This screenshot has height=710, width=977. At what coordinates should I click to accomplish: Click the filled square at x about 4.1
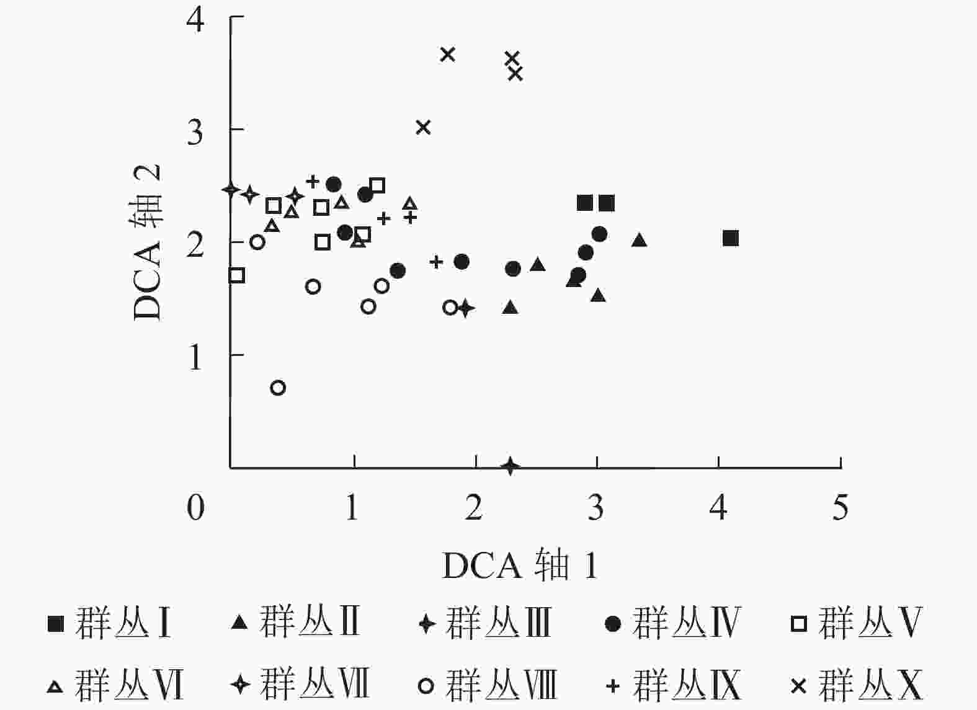click(731, 238)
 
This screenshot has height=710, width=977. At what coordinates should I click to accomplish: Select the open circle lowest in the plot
click(278, 388)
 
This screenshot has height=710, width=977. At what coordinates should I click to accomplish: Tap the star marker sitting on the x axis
click(511, 466)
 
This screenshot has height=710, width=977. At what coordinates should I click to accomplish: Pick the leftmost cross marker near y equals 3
click(423, 127)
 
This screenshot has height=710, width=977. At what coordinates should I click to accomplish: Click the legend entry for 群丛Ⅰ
click(109, 623)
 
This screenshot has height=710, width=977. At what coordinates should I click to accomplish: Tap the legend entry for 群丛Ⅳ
click(672, 623)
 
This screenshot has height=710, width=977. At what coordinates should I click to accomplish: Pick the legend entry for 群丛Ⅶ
click(300, 685)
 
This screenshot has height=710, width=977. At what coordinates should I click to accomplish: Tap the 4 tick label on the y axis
click(195, 20)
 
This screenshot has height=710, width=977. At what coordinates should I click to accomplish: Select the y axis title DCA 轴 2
click(148, 242)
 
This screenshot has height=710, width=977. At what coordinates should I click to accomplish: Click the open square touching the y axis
click(236, 275)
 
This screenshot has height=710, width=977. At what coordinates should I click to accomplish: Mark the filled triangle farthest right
click(640, 240)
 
